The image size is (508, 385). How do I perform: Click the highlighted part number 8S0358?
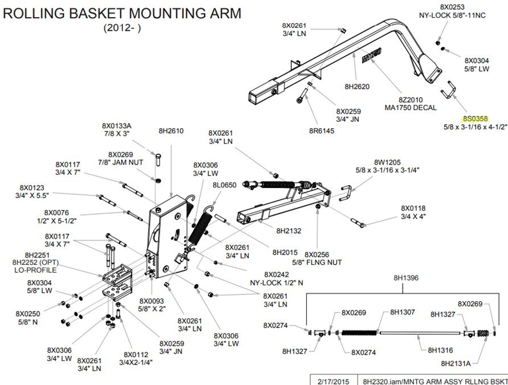click(475, 119)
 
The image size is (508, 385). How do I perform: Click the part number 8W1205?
click(387, 162)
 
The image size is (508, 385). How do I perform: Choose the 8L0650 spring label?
click(224, 185)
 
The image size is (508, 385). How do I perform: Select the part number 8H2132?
click(289, 231)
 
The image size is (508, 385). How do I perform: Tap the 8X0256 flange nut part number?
click(318, 254)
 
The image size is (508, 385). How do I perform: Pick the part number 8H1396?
click(405, 278)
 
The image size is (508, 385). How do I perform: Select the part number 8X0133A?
click(116, 125)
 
